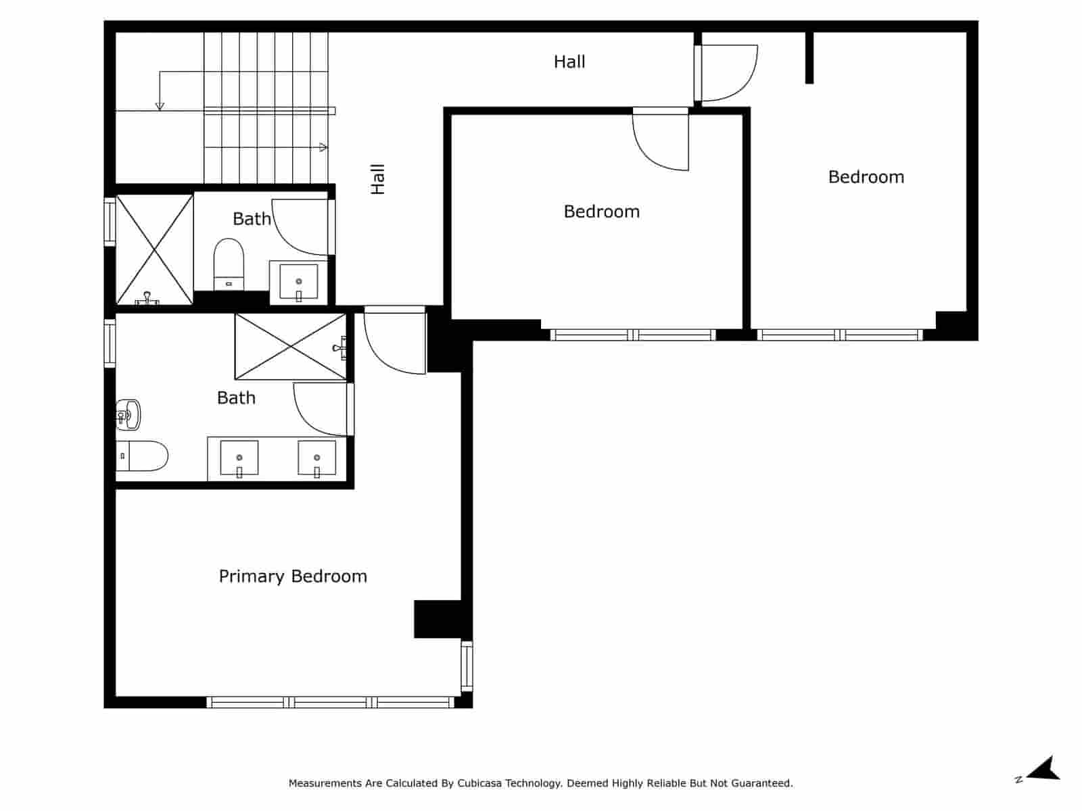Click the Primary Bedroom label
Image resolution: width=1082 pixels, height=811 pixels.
coord(293,576)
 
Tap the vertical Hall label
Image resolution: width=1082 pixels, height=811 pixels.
coord(377,179)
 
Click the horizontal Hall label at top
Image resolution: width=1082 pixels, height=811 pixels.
coord(569,62)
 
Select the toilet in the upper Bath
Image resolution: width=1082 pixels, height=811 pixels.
coord(229,264)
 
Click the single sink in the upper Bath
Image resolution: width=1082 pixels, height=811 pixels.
coord(298,282)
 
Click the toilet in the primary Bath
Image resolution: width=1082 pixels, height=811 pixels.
coord(141,456)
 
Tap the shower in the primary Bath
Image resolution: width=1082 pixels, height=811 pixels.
coord(291,346)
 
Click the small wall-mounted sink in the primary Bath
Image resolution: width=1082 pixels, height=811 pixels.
coord(128,414)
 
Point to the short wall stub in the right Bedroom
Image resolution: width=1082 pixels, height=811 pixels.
coord(809,57)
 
